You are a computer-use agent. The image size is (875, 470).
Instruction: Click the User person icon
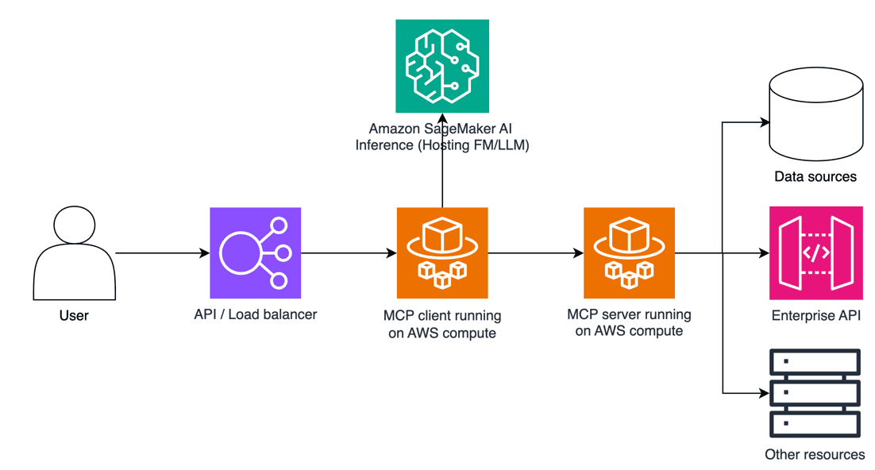pos(74,252)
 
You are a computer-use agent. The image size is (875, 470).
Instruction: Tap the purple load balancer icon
pos(256,252)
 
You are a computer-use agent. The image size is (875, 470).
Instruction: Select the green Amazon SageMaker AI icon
pos(442,66)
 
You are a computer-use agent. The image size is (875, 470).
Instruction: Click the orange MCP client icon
pos(442,252)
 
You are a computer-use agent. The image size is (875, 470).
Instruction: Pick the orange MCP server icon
pos(629,252)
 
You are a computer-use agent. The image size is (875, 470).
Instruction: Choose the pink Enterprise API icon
pos(815,252)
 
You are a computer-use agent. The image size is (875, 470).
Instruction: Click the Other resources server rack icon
pos(815,393)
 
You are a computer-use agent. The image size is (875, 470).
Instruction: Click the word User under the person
pos(74,315)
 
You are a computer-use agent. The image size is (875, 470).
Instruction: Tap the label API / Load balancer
pos(256,314)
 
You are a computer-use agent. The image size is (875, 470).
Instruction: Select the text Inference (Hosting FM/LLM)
pos(442,145)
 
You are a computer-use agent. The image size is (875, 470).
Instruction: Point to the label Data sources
pos(815,176)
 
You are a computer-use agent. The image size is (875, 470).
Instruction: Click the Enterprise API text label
pos(815,316)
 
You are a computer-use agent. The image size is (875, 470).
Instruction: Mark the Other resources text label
pos(815,455)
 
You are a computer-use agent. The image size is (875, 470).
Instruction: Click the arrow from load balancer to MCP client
pos(349,253)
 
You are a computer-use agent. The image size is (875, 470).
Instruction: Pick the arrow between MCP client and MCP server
pos(535,253)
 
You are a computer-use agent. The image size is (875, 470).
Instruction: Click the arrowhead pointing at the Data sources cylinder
pos(765,123)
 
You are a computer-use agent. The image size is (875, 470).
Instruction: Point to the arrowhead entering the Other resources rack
pos(765,392)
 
